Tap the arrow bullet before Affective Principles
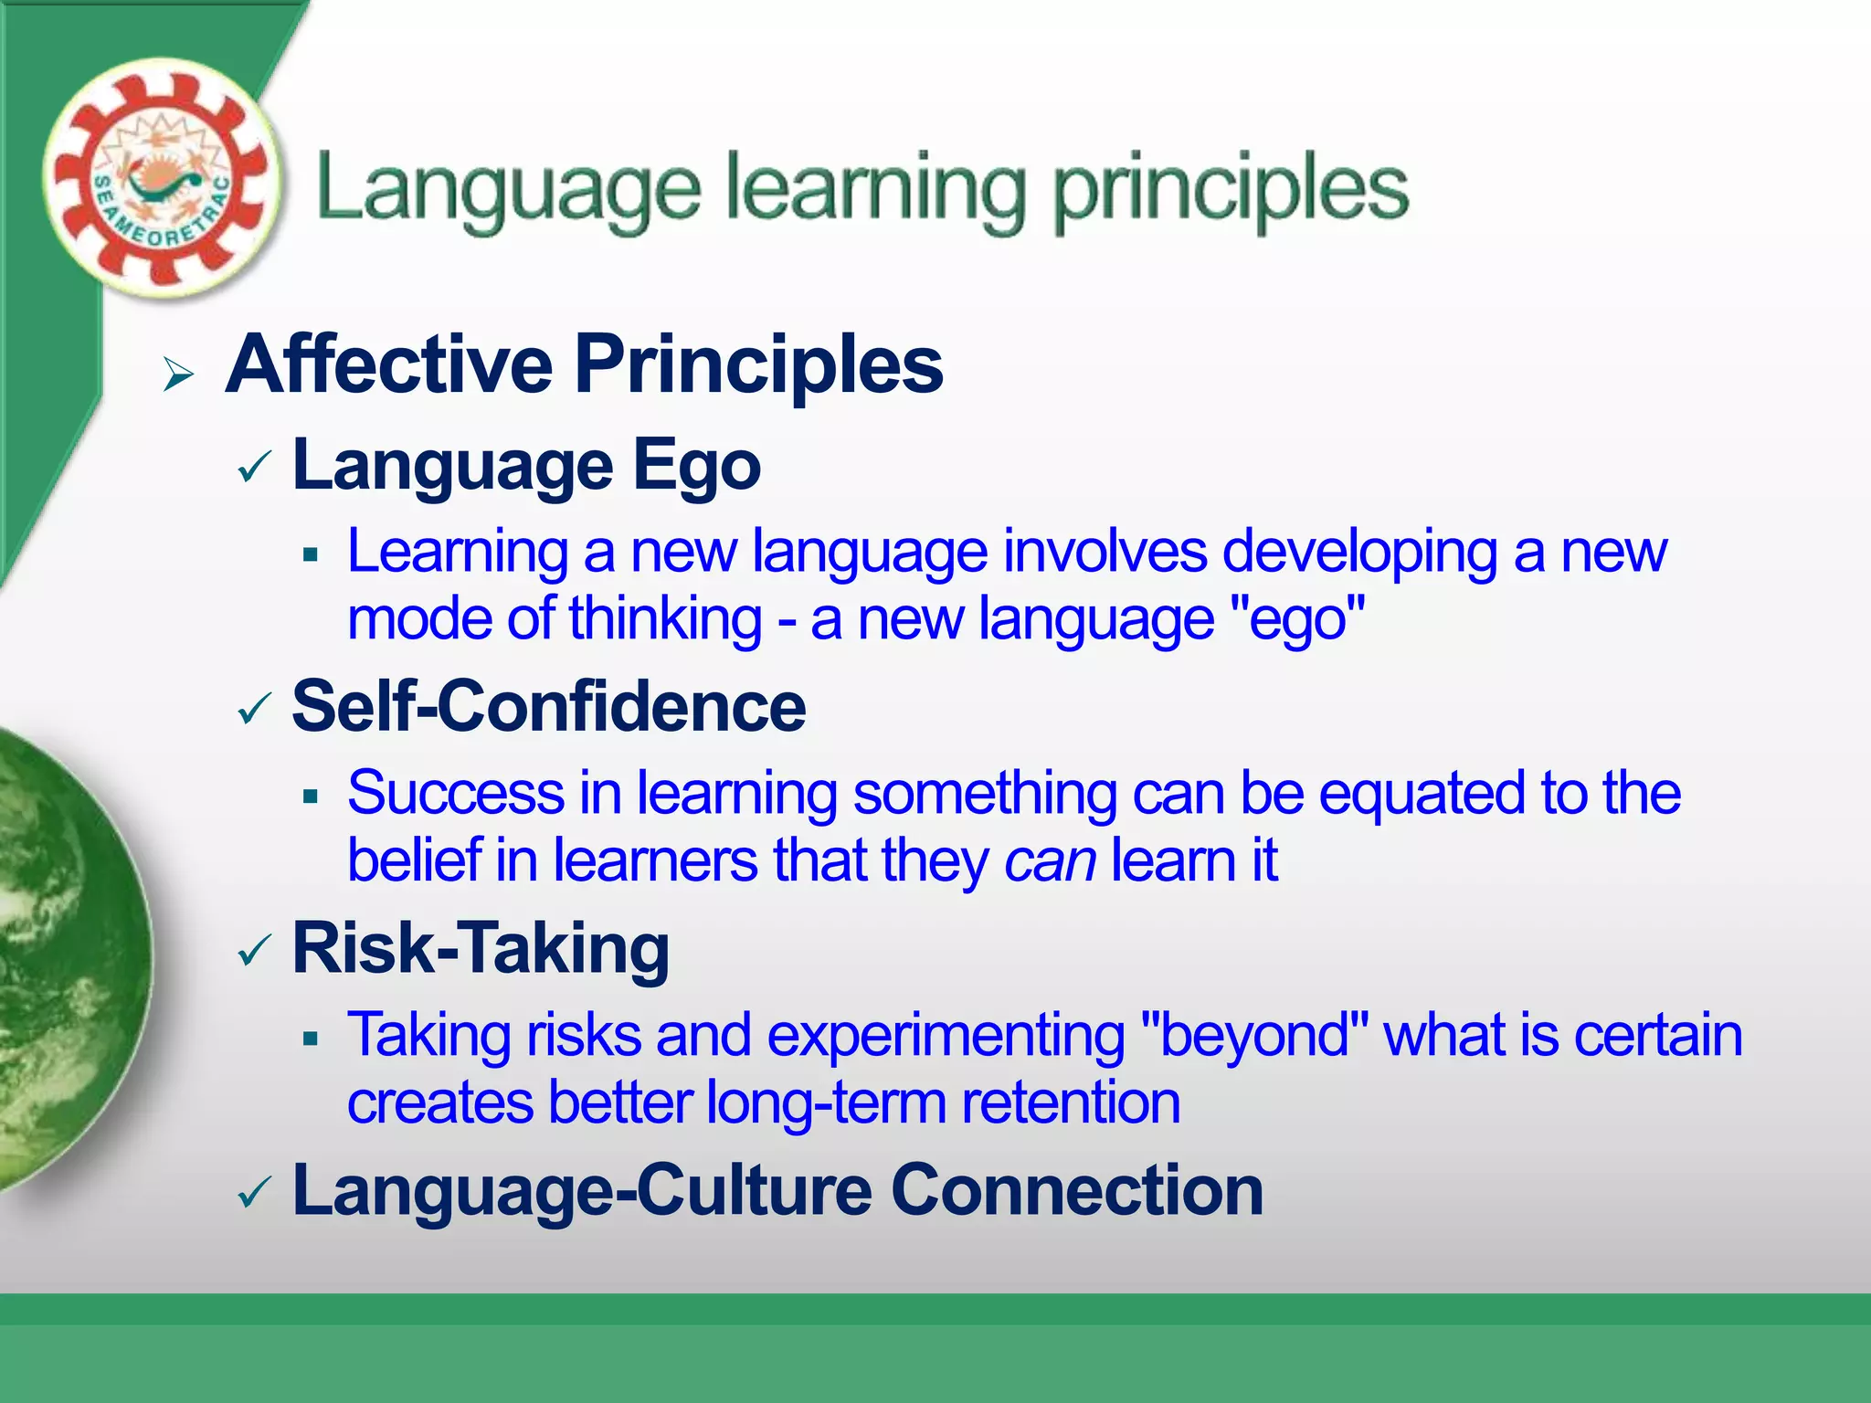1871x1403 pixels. click(x=178, y=374)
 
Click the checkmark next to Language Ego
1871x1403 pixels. click(x=254, y=469)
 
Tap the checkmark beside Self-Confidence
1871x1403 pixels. click(x=254, y=709)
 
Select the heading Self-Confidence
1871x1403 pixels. click(x=548, y=707)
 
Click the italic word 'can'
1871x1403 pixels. click(x=1050, y=861)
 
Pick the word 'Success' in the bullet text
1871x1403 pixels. click(x=455, y=793)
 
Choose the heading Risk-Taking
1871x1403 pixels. click(x=481, y=950)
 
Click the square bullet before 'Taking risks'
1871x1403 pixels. click(x=311, y=1039)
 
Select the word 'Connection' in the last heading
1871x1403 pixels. click(x=1076, y=1191)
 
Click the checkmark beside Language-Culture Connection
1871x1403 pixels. click(x=254, y=1193)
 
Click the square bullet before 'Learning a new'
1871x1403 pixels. click(x=311, y=554)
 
